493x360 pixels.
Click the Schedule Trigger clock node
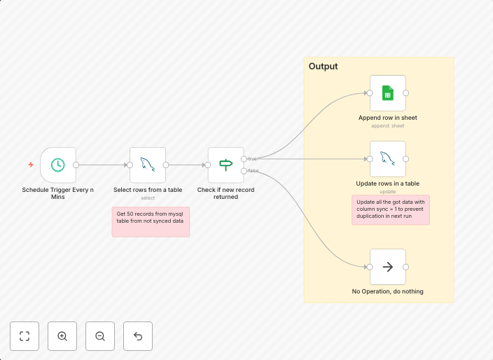click(x=58, y=165)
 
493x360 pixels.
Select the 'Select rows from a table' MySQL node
click(x=148, y=165)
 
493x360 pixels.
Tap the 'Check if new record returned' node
click(x=225, y=165)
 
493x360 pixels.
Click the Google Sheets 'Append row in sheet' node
click(x=387, y=92)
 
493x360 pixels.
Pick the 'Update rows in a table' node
click(x=387, y=158)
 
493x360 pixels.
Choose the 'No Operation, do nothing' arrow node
click(x=387, y=267)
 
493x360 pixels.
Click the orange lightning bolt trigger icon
click(x=31, y=165)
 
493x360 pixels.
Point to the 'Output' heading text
click(x=324, y=67)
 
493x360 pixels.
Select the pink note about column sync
click(x=390, y=209)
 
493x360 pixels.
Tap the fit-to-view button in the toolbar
click(x=25, y=336)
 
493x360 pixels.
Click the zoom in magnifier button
click(x=62, y=336)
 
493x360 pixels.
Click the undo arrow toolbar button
click(x=138, y=336)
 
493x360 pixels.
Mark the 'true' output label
click(x=252, y=159)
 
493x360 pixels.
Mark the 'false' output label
click(x=253, y=171)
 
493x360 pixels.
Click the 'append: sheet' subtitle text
click(x=387, y=126)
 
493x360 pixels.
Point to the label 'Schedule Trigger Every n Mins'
click(x=57, y=193)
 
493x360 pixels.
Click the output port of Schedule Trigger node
click(x=76, y=165)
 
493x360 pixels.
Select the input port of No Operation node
click(x=370, y=267)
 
